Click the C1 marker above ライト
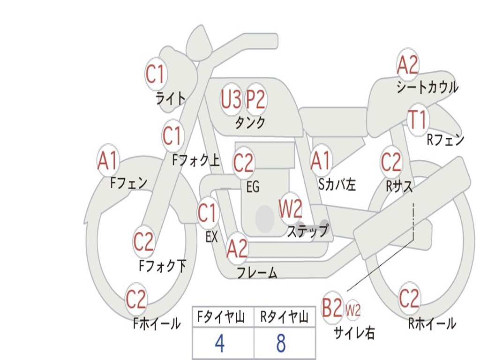click(x=156, y=74)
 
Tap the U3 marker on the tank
click(x=231, y=99)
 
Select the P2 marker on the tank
click(x=255, y=99)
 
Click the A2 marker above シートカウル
click(x=407, y=65)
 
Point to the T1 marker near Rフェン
click(x=418, y=120)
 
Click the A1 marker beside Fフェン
click(x=108, y=160)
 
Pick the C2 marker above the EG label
click(x=244, y=163)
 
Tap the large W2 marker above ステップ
click(x=291, y=209)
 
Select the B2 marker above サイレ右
click(x=332, y=307)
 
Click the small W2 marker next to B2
click(x=353, y=310)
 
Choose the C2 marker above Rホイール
click(x=409, y=298)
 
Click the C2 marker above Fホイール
click(x=136, y=299)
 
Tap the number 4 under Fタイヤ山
click(x=220, y=343)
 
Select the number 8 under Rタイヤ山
click(x=281, y=343)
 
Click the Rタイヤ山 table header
click(x=285, y=317)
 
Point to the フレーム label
click(x=257, y=272)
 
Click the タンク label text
click(x=250, y=122)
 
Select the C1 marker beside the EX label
click(x=208, y=212)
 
